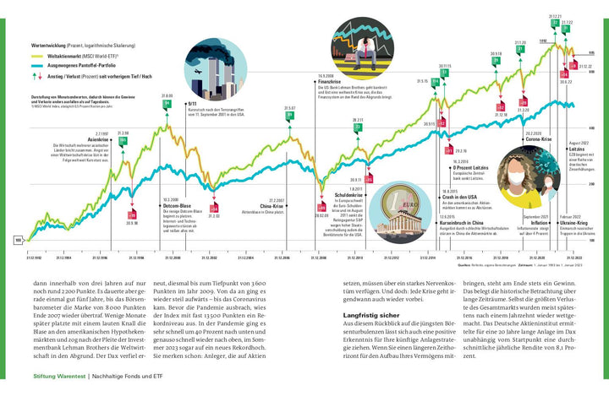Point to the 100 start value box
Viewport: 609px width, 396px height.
(18, 241)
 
